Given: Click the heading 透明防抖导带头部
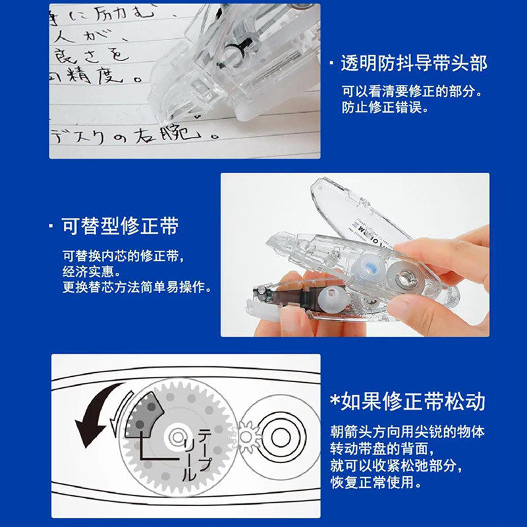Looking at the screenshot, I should click(x=414, y=63).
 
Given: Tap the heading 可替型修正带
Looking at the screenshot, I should click(x=120, y=227).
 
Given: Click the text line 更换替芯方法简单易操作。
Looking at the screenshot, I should click(x=136, y=287).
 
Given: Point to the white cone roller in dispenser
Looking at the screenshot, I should click(x=329, y=300).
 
